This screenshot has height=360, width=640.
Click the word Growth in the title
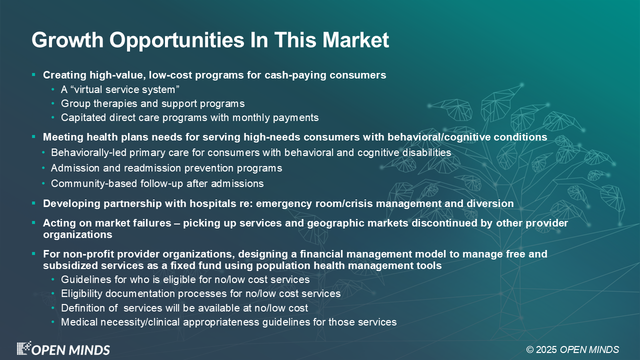point(67,39)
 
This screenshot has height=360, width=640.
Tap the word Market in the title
point(355,39)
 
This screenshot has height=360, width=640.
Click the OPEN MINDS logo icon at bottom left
point(23,348)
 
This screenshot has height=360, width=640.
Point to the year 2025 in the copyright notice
point(546,349)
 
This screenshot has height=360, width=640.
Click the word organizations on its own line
point(77,234)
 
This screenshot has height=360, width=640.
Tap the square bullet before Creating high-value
point(33,75)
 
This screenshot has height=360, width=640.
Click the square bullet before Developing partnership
point(33,203)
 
